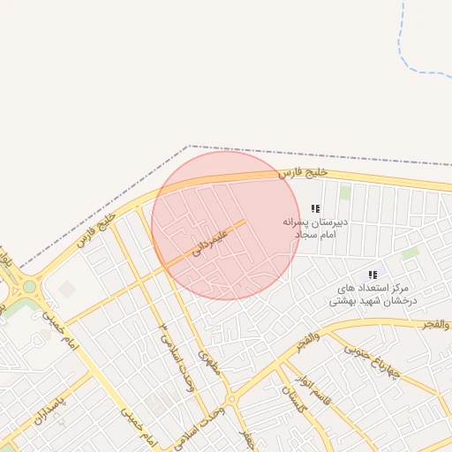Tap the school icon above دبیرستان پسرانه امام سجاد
click(316, 208)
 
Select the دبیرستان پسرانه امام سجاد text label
click(315, 228)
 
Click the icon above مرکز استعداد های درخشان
click(373, 275)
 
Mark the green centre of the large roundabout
click(30, 286)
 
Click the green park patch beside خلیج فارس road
click(345, 192)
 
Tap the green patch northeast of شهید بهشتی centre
click(410, 253)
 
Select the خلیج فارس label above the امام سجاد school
click(303, 171)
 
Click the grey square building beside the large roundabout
click(67, 289)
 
